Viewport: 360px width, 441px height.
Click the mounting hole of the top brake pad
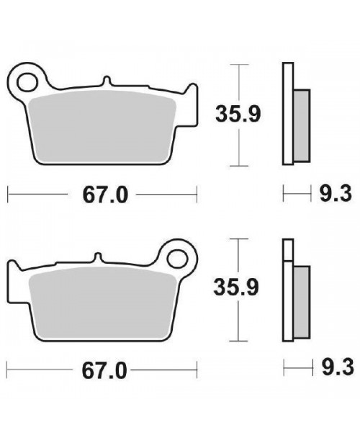[27, 82]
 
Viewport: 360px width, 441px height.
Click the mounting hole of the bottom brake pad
[177, 259]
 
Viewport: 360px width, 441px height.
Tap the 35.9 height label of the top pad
[238, 114]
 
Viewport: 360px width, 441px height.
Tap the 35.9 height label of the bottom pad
[236, 288]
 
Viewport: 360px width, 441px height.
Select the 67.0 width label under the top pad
[105, 195]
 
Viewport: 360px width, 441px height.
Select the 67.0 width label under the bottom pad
[104, 370]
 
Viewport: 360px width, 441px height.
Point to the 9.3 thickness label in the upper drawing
[336, 194]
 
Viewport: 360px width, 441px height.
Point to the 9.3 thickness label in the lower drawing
[338, 367]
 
